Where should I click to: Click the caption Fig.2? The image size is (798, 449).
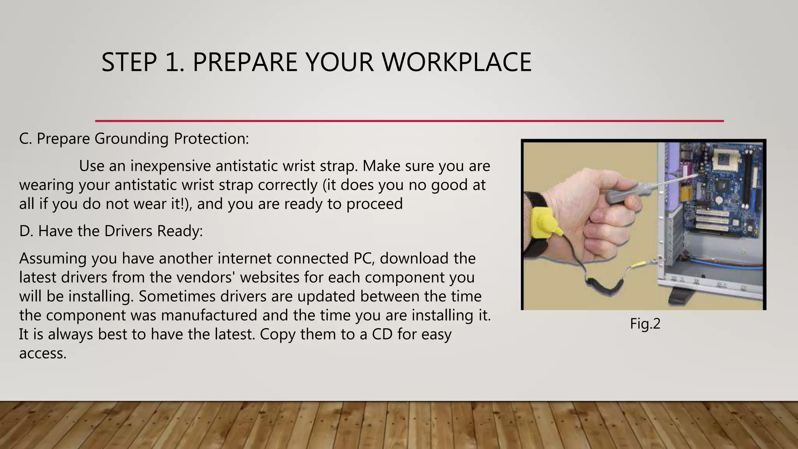(x=645, y=324)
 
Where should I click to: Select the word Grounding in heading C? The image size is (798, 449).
(x=132, y=139)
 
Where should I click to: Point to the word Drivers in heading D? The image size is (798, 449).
(x=128, y=231)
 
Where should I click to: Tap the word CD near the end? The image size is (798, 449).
(x=382, y=334)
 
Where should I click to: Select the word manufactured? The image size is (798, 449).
(x=209, y=315)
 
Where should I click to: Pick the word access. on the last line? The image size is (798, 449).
(x=43, y=354)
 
